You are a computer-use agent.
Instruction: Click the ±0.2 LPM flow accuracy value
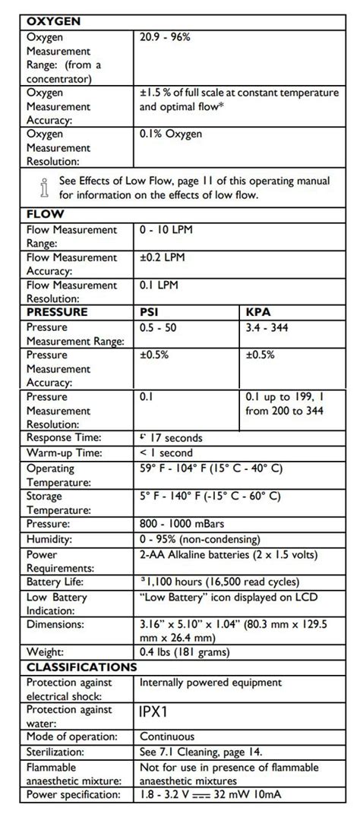point(163,257)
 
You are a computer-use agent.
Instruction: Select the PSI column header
point(150,312)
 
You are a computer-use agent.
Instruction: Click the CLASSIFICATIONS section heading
point(82,667)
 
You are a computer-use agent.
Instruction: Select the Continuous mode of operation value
point(167,736)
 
